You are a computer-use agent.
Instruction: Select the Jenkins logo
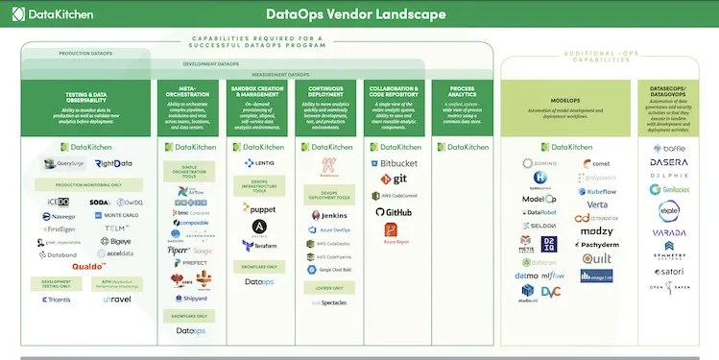327,215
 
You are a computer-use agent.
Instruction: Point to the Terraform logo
259,246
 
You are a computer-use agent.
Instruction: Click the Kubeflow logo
595,191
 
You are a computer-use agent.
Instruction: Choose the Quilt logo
595,259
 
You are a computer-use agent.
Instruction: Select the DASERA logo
669,162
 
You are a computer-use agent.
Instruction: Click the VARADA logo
669,231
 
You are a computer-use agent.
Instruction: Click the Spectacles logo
328,302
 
